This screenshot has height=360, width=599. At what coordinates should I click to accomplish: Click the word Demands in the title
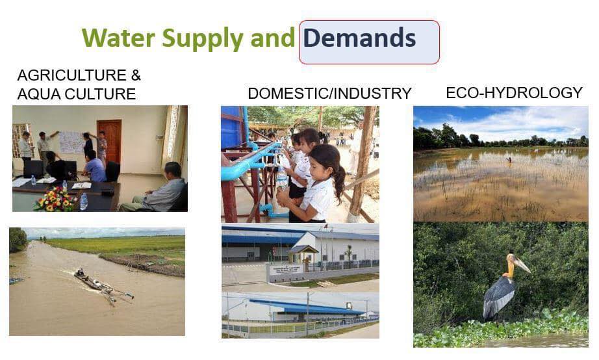pos(359,38)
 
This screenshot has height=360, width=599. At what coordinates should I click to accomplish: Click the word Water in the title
pos(118,38)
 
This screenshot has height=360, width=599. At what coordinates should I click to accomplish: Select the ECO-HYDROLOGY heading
pos(514,93)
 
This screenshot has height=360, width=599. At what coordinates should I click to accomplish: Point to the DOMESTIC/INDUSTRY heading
pos(329,93)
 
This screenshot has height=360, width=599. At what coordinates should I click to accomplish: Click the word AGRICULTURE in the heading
pos(72,75)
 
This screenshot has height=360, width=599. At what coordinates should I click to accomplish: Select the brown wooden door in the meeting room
pos(109,142)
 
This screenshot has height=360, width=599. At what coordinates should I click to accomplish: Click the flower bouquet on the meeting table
pos(56,199)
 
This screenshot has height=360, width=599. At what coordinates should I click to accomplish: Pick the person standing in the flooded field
pos(509,160)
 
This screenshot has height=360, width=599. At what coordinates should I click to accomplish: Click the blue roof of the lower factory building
pos(305,307)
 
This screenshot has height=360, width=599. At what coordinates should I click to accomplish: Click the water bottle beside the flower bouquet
pos(83,202)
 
